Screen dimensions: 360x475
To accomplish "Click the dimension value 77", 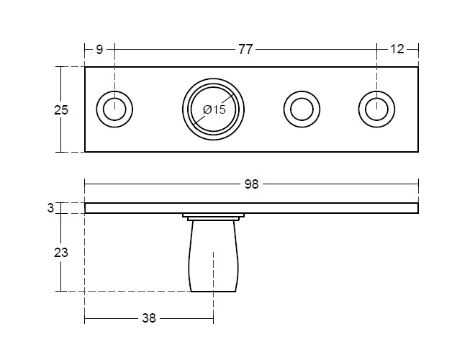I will point(245,49).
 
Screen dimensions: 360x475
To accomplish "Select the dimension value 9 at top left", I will point(99,49).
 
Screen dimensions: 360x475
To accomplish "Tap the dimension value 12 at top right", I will point(397,49).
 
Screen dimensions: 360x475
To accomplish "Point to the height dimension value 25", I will point(61,109).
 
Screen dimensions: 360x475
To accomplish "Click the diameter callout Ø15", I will point(214,109).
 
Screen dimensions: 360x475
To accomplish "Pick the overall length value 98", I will point(250,184).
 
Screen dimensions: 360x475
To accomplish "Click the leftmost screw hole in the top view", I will point(113,109).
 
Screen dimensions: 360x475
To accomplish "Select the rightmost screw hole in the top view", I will point(375,109).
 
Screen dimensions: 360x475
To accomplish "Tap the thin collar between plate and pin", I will point(213,216).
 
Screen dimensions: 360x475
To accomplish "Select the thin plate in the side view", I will point(324,208).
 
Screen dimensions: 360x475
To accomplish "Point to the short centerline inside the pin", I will point(213,266).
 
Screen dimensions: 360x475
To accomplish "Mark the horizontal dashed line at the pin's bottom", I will point(130,291).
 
